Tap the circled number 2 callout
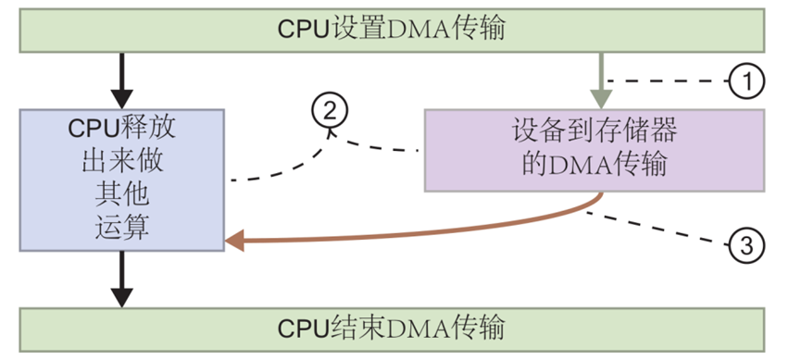(x=331, y=113)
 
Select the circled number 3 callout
(x=747, y=244)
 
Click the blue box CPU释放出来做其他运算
(x=121, y=180)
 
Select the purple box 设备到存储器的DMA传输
(x=594, y=150)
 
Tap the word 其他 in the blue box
(x=121, y=196)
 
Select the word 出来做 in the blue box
(x=121, y=163)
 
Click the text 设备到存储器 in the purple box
(x=594, y=131)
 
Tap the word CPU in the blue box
(x=93, y=130)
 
